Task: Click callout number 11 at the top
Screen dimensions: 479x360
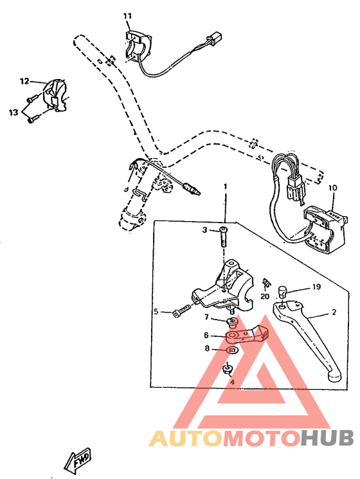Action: pos(127,15)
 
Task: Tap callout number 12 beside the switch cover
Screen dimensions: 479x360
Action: pos(24,82)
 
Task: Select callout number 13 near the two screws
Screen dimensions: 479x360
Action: pos(14,113)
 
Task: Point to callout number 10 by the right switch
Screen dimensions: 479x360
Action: pos(332,188)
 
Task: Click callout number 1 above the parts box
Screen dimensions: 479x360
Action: pos(226,186)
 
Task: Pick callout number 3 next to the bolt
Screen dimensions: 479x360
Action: pos(205,230)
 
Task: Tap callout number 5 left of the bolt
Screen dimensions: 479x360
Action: pos(155,312)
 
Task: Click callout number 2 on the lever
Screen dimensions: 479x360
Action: pos(334,312)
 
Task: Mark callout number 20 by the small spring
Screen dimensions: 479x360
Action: pos(264,297)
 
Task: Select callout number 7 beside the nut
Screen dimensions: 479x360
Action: pos(206,317)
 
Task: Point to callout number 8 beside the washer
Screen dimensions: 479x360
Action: pos(206,348)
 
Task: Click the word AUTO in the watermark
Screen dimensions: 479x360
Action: pos(186,438)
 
